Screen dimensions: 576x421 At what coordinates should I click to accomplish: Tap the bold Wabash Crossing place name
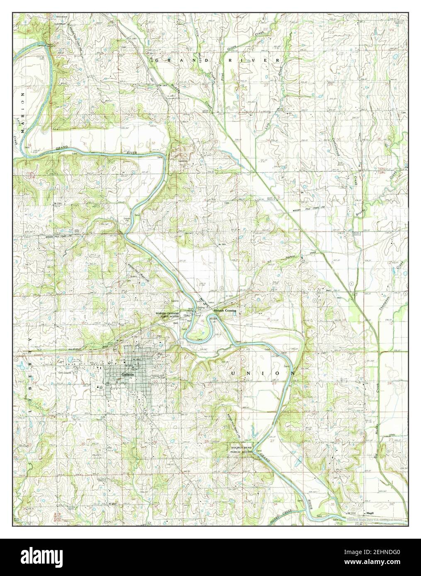pos(225,310)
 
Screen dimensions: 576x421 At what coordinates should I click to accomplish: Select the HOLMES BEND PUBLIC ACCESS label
pos(241,450)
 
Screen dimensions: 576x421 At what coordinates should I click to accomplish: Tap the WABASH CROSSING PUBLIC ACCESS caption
pos(167,315)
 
